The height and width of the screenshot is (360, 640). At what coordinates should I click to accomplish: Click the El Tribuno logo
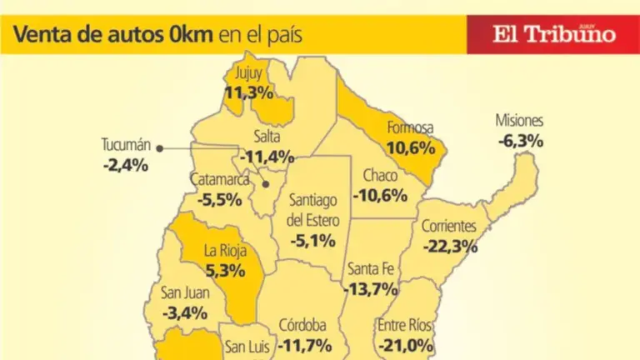point(553,34)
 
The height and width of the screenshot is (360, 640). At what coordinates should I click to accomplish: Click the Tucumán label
point(125,145)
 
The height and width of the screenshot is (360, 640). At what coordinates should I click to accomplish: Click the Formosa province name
point(411,127)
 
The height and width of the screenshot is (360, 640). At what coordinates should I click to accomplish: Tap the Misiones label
point(519,120)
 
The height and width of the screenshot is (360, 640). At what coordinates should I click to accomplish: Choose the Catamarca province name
point(219,180)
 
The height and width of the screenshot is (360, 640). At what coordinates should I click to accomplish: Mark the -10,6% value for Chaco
point(380,196)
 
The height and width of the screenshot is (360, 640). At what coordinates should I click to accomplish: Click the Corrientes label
point(448,226)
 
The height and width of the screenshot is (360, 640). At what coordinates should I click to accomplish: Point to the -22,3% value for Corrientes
point(450,246)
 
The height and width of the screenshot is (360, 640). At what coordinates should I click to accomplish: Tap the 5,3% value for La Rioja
point(225,270)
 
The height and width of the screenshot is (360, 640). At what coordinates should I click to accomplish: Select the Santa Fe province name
point(371,268)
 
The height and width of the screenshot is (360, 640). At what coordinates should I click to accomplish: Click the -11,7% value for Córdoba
point(305,344)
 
